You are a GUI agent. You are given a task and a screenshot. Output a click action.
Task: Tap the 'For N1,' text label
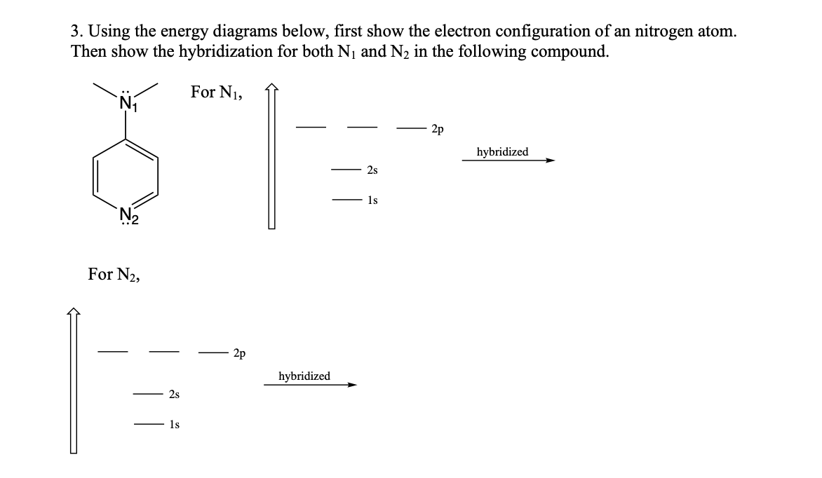[x=217, y=93]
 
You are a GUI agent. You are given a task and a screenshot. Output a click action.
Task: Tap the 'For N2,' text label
[x=114, y=274]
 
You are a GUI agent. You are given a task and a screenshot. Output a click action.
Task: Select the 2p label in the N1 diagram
[x=437, y=129]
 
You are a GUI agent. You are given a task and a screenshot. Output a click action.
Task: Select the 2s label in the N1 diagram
[x=372, y=170]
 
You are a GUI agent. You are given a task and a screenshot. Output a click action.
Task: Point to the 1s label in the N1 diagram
[x=372, y=200]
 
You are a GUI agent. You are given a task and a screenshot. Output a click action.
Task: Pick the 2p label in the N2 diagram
[x=239, y=353]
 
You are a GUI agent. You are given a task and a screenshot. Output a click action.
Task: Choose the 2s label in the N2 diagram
[x=174, y=395]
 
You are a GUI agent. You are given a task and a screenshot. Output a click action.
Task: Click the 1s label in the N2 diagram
[x=174, y=425]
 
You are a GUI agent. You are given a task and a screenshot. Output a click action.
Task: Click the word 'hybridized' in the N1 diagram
[x=502, y=152]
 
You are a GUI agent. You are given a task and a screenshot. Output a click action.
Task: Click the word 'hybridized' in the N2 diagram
[x=304, y=376]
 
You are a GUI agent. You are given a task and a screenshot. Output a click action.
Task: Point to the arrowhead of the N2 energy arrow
[x=74, y=313]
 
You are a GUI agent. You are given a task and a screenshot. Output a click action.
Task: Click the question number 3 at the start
[x=76, y=32]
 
